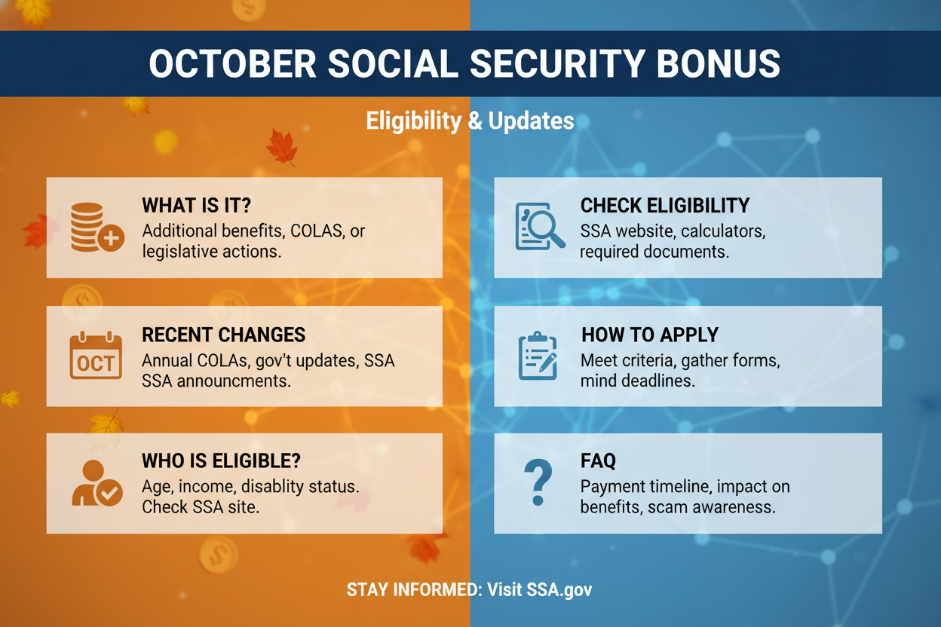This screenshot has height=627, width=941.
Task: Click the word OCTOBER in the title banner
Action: [x=232, y=63]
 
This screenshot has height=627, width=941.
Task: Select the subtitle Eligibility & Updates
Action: [x=470, y=121]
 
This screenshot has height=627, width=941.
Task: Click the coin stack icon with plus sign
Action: [x=97, y=227]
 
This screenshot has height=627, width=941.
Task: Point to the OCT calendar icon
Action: [x=96, y=355]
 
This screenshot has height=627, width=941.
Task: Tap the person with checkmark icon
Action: [x=97, y=483]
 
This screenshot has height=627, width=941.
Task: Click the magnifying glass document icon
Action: [x=540, y=227]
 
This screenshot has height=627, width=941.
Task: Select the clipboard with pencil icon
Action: [x=538, y=356]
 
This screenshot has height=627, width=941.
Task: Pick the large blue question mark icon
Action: [x=538, y=482]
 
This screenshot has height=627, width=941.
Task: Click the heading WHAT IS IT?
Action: [x=196, y=206]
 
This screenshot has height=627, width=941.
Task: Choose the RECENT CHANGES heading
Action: [x=223, y=335]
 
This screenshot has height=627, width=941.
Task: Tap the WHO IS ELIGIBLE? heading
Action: [x=221, y=460]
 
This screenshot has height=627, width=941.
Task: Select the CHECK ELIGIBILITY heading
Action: [x=665, y=206]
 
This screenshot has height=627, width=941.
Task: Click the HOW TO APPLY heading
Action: [x=650, y=335]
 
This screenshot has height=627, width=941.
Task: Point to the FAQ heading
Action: [x=598, y=460]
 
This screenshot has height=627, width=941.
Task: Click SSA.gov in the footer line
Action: [x=559, y=589]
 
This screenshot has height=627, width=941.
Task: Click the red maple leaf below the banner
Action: [x=282, y=147]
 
